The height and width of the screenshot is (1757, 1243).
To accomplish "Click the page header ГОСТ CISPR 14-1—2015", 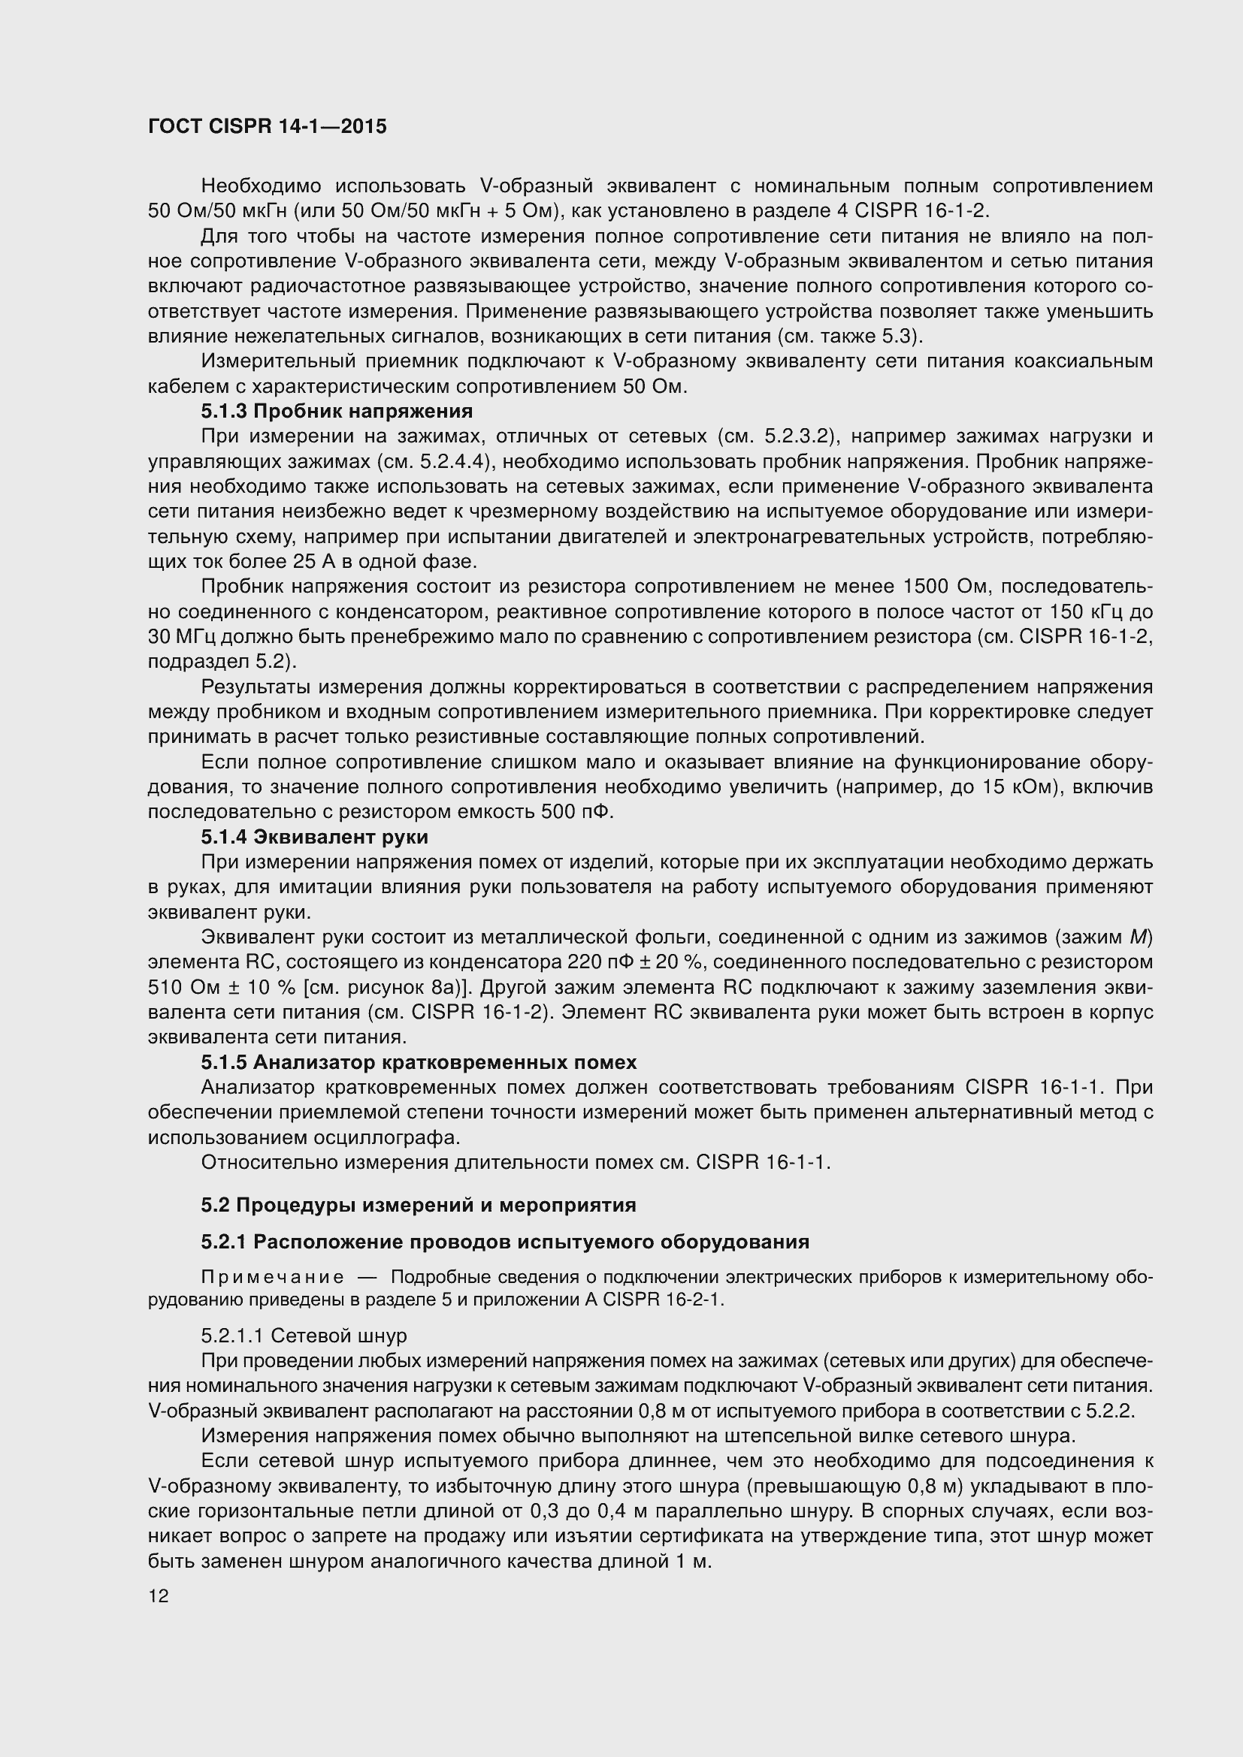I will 267,127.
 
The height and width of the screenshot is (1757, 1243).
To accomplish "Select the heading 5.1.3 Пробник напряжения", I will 337,412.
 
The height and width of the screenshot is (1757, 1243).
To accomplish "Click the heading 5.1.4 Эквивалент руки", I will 315,836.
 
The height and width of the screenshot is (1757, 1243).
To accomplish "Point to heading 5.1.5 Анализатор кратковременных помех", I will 419,1062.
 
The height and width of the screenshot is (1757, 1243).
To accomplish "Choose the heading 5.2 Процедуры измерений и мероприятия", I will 419,1205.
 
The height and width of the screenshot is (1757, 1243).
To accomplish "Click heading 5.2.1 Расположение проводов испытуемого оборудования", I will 505,1241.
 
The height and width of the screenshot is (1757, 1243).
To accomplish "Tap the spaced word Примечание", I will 272,1277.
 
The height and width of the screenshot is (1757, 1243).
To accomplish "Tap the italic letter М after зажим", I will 1136,937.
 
